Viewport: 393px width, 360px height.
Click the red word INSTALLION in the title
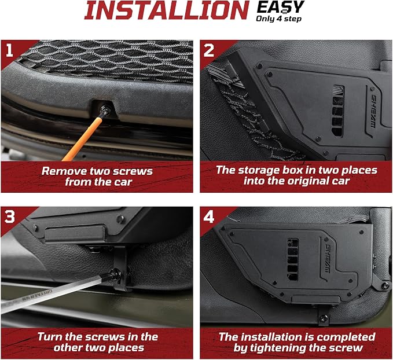tap(167, 10)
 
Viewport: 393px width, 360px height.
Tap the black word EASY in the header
tap(281, 8)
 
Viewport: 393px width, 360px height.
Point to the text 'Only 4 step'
tap(278, 19)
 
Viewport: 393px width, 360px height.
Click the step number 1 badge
tap(9, 50)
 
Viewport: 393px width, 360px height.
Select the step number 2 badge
tap(209, 50)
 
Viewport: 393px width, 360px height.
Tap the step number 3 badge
tap(9, 216)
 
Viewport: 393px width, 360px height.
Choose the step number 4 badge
tap(209, 216)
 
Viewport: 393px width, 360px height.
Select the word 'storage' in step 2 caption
tap(259, 170)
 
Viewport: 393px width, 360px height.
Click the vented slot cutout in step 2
tap(338, 111)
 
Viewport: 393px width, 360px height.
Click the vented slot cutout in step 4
tap(293, 259)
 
